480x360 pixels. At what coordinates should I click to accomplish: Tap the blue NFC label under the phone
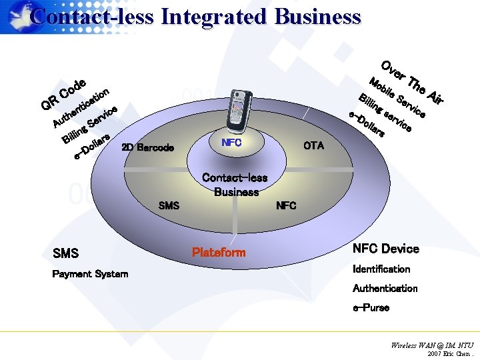pyautogui.click(x=232, y=143)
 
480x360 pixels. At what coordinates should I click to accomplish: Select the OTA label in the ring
pyautogui.click(x=313, y=145)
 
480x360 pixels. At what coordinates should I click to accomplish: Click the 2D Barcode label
pyautogui.click(x=147, y=147)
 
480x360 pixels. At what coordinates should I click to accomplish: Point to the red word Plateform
pyautogui.click(x=219, y=253)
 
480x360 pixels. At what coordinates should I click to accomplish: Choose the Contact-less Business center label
pyautogui.click(x=235, y=185)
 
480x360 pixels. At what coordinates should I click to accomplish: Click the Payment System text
pyautogui.click(x=90, y=274)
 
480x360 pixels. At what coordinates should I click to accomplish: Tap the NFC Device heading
pyautogui.click(x=386, y=249)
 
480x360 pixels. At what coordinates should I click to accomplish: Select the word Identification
pyautogui.click(x=381, y=269)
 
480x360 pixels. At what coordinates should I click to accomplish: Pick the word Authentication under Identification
pyautogui.click(x=385, y=289)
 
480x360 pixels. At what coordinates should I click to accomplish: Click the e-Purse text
pyautogui.click(x=371, y=308)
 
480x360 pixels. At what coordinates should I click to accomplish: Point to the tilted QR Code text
pyautogui.click(x=64, y=94)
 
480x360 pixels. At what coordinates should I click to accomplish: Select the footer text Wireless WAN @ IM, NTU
pyautogui.click(x=432, y=345)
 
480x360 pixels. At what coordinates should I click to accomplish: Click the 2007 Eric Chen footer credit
pyautogui.click(x=450, y=353)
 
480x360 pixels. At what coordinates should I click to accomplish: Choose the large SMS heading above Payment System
pyautogui.click(x=65, y=253)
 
